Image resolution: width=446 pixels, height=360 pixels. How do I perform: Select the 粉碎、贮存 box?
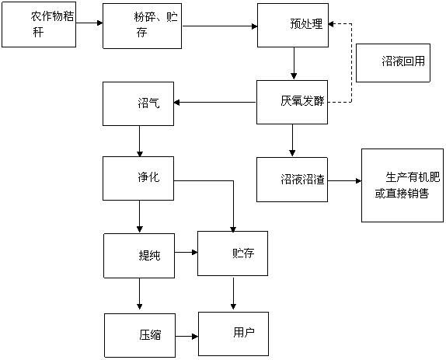(142, 26)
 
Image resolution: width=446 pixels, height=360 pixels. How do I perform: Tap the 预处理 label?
(306, 23)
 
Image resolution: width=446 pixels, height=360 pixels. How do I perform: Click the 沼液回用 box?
(393, 63)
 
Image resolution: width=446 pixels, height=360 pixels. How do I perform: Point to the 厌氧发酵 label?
(302, 101)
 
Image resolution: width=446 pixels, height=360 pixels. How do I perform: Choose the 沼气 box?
(138, 104)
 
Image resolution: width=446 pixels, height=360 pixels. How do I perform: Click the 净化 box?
(138, 178)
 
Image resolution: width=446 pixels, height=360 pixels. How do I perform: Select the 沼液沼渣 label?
(302, 180)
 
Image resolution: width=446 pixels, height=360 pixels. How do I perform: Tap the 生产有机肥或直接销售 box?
(402, 185)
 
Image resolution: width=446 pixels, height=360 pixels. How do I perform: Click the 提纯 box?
(139, 256)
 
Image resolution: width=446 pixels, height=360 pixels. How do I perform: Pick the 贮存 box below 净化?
(232, 253)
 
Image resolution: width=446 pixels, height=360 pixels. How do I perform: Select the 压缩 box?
(140, 336)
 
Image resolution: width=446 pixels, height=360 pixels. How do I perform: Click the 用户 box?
(234, 334)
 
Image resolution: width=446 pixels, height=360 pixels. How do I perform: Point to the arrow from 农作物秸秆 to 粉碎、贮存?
(89, 23)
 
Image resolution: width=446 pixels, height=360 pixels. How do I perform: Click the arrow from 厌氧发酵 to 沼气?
(214, 102)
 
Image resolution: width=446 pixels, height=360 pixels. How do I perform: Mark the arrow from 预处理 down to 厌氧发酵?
(294, 63)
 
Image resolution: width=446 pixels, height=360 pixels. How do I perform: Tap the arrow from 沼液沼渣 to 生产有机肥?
(344, 180)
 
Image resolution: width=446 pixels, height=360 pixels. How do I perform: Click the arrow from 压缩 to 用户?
(187, 337)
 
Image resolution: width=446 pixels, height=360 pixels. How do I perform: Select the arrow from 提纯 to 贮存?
(186, 252)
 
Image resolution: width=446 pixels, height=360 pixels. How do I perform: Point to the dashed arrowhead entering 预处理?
(331, 24)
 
